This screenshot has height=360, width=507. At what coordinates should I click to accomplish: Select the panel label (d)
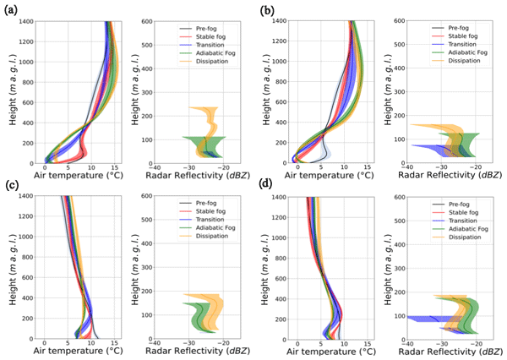[265, 185]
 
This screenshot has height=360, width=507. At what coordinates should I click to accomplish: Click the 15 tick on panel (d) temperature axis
[368, 346]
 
